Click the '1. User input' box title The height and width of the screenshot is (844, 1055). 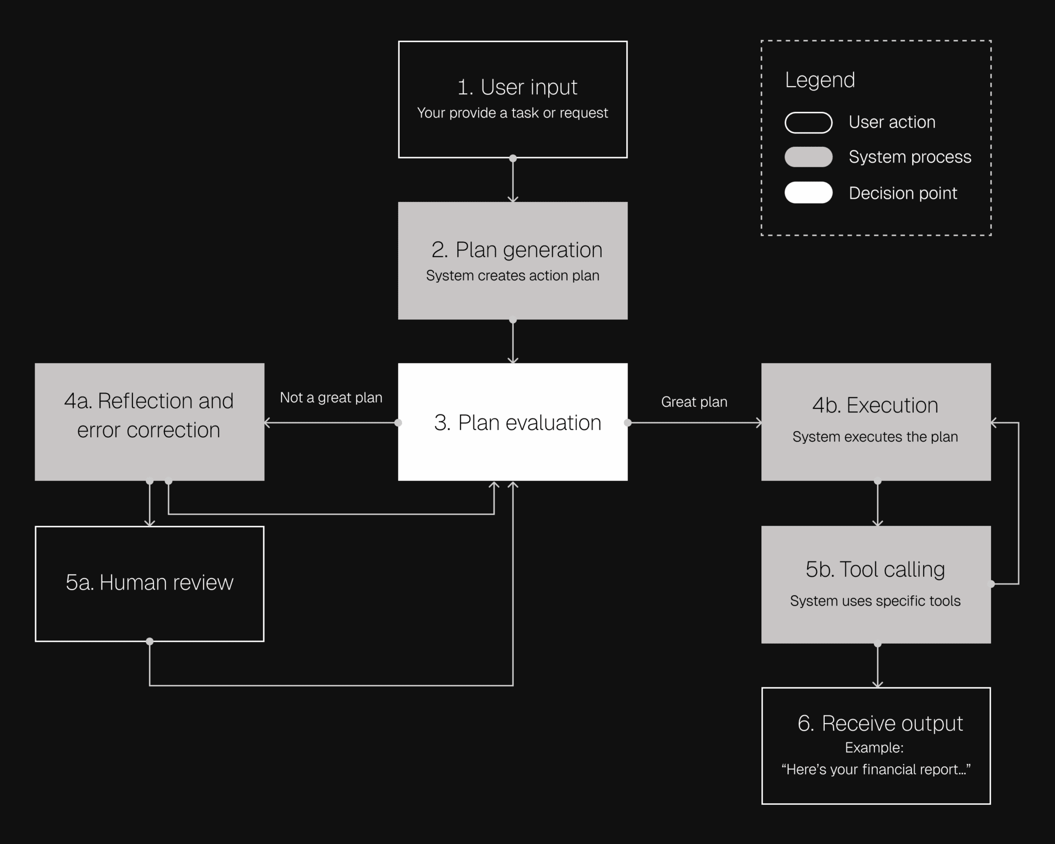[517, 87]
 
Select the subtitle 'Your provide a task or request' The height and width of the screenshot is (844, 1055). [512, 113]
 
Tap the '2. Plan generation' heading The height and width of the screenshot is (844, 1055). [517, 250]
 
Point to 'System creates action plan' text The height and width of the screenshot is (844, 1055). [512, 275]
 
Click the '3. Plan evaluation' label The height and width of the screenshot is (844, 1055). [517, 423]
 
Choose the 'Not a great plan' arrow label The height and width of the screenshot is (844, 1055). [331, 398]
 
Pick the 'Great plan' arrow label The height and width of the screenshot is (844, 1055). [694, 402]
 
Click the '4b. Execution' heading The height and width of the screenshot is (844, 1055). [875, 405]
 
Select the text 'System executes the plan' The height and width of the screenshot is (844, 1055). [875, 437]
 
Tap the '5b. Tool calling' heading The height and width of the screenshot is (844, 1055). [875, 570]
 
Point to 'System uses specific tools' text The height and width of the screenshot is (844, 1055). [875, 601]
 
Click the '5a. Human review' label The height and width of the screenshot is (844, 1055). [149, 582]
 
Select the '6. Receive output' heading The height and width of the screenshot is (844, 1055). [880, 724]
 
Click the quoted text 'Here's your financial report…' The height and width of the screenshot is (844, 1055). [876, 769]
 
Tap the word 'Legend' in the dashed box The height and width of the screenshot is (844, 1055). [820, 80]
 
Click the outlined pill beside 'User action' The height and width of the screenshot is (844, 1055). [808, 123]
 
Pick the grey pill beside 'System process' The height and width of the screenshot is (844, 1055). [808, 157]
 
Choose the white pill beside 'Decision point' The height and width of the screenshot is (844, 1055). [808, 193]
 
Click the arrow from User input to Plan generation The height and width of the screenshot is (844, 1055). [513, 180]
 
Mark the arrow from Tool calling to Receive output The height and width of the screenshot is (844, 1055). [877, 665]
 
